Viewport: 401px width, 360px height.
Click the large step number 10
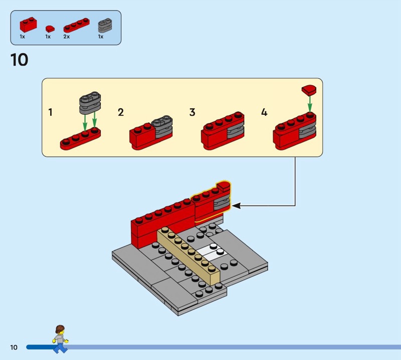coord(20,60)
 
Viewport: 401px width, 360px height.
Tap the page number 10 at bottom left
coord(14,347)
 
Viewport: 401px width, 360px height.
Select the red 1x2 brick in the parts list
coord(28,25)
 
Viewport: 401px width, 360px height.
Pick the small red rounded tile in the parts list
coord(50,28)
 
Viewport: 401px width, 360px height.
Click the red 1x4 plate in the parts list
coord(77,25)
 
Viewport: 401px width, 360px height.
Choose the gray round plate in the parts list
coord(105,25)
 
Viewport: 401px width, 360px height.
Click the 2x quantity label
coord(67,37)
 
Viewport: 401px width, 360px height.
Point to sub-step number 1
coord(51,112)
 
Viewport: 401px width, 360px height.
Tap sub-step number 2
coord(121,112)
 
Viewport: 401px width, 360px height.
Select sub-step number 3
coord(192,112)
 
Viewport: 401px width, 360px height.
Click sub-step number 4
coord(264,112)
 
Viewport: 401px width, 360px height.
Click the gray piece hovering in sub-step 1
coord(90,103)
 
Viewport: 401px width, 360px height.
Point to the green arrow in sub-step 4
coord(310,104)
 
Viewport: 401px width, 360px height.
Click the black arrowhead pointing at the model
coord(236,206)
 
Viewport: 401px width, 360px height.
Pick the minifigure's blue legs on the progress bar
coord(60,348)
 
